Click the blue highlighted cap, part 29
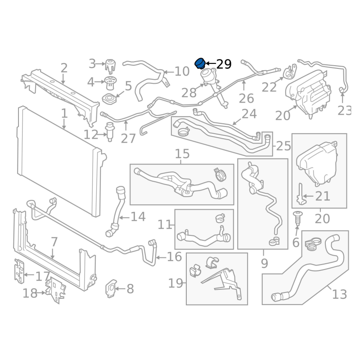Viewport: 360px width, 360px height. click(x=200, y=63)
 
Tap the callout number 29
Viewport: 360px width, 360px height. click(x=224, y=64)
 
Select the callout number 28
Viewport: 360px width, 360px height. click(x=189, y=93)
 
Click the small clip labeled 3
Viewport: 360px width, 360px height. click(x=110, y=66)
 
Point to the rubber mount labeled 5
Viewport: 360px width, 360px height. click(x=109, y=99)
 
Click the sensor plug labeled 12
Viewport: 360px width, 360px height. click(x=110, y=131)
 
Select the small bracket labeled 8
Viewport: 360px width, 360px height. click(x=111, y=288)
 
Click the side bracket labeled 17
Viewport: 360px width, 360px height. click(x=19, y=271)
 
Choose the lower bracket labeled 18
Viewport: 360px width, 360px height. click(x=56, y=290)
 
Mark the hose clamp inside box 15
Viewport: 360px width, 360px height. click(x=220, y=175)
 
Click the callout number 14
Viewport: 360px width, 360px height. click(x=138, y=217)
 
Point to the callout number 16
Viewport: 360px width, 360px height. click(x=174, y=256)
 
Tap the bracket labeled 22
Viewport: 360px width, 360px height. click(x=290, y=72)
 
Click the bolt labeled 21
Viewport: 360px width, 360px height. click(x=300, y=194)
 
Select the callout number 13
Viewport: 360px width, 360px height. click(x=339, y=294)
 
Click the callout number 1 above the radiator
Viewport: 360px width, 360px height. click(x=64, y=113)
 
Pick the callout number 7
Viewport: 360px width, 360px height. click(x=54, y=242)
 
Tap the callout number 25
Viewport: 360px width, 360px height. click(x=283, y=146)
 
